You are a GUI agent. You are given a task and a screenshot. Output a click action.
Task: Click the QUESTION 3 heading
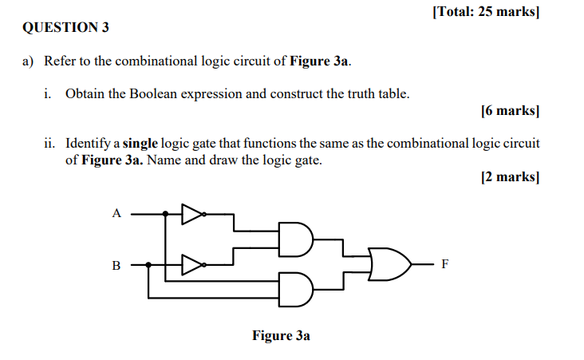coord(66,28)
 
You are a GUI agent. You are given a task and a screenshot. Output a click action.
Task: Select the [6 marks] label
coord(511,111)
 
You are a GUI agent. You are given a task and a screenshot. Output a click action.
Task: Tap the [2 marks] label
coord(511,176)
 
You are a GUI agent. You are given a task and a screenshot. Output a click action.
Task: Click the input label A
coord(116,213)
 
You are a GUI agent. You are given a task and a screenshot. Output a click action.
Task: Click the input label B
coord(116,265)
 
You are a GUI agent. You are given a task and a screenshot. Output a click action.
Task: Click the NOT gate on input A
coord(192,214)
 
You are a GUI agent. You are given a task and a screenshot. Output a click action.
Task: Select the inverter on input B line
coord(192,264)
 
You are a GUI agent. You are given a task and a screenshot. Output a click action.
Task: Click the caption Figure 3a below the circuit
coord(281,335)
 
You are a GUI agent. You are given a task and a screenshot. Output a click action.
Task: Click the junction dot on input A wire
coord(165,214)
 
